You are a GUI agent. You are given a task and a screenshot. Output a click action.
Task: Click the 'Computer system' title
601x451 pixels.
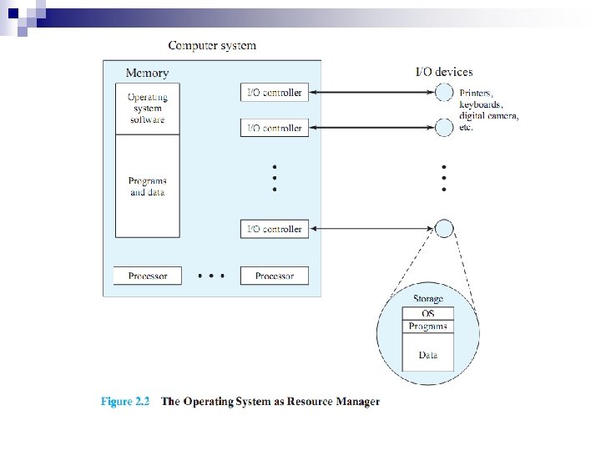pyautogui.click(x=212, y=46)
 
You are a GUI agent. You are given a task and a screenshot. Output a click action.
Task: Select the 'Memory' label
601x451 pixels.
pyautogui.click(x=147, y=73)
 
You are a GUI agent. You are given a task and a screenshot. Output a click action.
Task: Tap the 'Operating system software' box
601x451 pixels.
pyautogui.click(x=148, y=109)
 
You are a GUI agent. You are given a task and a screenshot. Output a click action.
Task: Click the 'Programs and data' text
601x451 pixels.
pyautogui.click(x=148, y=186)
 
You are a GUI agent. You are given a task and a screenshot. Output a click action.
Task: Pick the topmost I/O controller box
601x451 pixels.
pyautogui.click(x=275, y=93)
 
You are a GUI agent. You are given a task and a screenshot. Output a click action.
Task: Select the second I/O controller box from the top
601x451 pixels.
pyautogui.click(x=275, y=128)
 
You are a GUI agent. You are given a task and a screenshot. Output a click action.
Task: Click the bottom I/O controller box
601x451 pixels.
pyautogui.click(x=275, y=229)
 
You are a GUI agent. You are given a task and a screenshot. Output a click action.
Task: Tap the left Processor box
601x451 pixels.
pyautogui.click(x=148, y=276)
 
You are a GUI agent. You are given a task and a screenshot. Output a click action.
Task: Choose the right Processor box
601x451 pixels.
pyautogui.click(x=275, y=276)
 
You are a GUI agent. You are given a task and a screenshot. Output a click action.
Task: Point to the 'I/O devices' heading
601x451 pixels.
pyautogui.click(x=444, y=72)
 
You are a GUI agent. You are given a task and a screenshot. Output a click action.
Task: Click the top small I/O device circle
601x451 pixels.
pyautogui.click(x=444, y=93)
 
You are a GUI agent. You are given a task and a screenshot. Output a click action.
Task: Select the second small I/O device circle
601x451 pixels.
pyautogui.click(x=444, y=128)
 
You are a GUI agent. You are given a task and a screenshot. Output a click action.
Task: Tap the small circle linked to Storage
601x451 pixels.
pyautogui.click(x=444, y=229)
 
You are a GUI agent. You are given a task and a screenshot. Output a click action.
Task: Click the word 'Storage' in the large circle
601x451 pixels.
pyautogui.click(x=428, y=299)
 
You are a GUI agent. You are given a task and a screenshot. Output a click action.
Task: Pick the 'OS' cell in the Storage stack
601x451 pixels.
pyautogui.click(x=428, y=313)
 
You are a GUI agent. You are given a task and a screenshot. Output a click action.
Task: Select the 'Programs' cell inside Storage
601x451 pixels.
pyautogui.click(x=428, y=327)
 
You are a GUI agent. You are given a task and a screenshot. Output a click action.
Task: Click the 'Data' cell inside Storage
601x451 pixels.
pyautogui.click(x=428, y=352)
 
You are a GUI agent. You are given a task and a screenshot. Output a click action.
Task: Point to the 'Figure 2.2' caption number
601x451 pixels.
pyautogui.click(x=125, y=402)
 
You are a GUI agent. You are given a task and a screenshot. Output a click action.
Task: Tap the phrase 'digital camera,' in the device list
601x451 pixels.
pyautogui.click(x=489, y=116)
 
